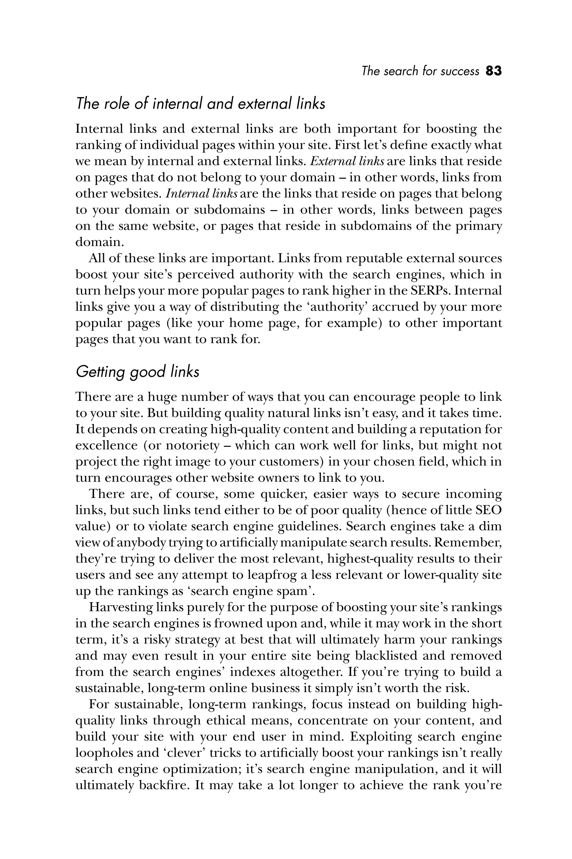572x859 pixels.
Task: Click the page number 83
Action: point(494,71)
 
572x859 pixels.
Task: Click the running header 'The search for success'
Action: point(420,71)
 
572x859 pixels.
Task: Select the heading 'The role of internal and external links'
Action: point(200,104)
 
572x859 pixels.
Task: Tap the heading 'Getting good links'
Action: point(137,372)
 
